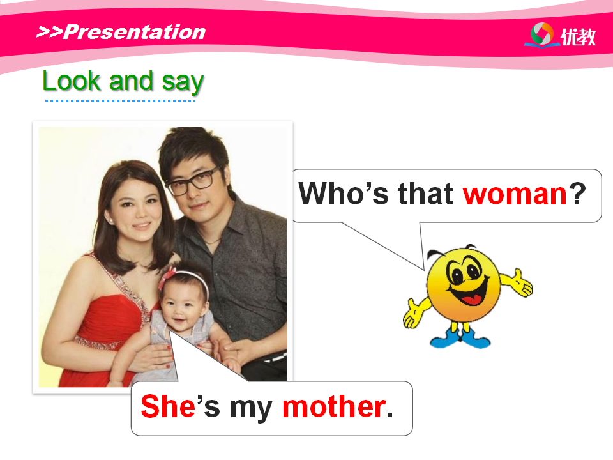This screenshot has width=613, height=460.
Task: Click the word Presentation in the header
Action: click(134, 32)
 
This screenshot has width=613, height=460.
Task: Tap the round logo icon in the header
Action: click(542, 34)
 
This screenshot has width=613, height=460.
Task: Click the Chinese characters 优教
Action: click(579, 37)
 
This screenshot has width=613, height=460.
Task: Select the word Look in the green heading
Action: click(72, 81)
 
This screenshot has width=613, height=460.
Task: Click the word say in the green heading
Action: click(183, 83)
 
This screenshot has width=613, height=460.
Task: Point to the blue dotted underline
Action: click(120, 101)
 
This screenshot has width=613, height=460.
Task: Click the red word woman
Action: click(515, 194)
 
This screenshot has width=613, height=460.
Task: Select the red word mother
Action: click(334, 407)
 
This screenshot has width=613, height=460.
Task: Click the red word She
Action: click(168, 406)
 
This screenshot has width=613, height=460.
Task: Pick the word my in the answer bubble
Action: click(251, 410)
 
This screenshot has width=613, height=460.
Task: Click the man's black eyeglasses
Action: click(191, 181)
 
